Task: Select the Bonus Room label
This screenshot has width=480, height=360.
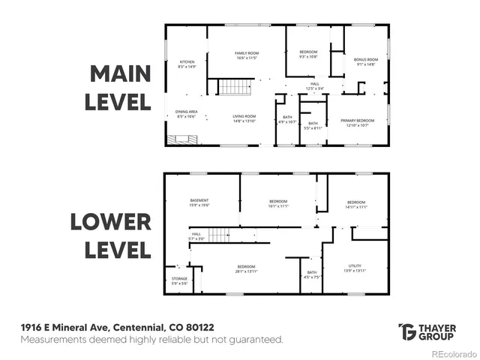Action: click(x=366, y=61)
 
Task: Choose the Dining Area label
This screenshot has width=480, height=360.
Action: click(x=187, y=114)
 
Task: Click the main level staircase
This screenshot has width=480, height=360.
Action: click(x=233, y=87)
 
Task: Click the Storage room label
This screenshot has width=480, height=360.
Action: click(x=180, y=280)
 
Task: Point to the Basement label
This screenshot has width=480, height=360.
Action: click(x=199, y=202)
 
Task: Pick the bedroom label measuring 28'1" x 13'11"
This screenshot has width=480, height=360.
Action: click(x=246, y=269)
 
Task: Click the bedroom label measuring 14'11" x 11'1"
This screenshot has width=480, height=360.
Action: click(x=355, y=205)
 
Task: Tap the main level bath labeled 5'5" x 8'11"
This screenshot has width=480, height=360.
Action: click(x=313, y=125)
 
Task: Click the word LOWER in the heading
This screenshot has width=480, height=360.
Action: click(x=111, y=223)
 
